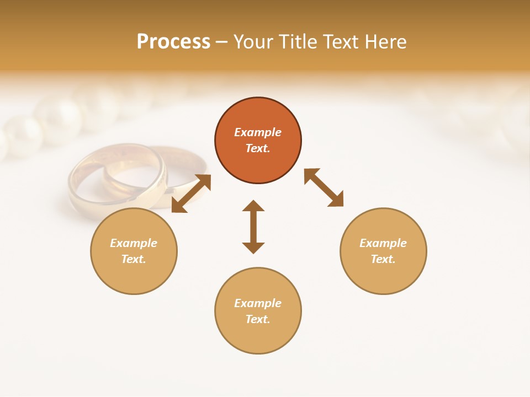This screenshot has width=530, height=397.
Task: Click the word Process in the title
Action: tap(173, 42)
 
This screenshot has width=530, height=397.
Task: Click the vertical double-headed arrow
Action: tap(253, 227)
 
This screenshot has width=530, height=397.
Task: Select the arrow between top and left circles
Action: tap(191, 193)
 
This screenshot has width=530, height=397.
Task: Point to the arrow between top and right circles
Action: tap(324, 187)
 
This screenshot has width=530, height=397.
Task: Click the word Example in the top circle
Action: tap(258, 132)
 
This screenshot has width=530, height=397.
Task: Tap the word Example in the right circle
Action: tap(383, 243)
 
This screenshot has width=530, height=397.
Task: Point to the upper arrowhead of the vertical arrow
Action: tap(253, 206)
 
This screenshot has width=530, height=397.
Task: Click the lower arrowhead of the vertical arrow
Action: tap(253, 248)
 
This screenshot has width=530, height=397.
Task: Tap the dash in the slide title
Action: tap(221, 42)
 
